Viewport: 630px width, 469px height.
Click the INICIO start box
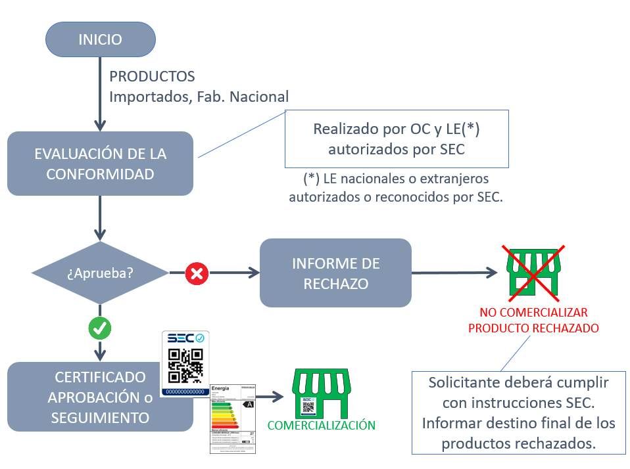click(100, 39)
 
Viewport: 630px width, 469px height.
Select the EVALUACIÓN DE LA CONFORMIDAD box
click(100, 164)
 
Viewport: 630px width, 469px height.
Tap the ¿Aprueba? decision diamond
click(100, 272)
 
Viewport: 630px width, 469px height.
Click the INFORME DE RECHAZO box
click(335, 273)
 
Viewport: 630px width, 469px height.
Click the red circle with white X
click(195, 273)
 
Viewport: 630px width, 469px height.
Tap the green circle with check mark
click(100, 329)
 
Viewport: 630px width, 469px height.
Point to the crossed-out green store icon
click(533, 271)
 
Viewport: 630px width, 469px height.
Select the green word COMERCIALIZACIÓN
click(321, 426)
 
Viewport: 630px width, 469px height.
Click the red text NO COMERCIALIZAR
click(533, 312)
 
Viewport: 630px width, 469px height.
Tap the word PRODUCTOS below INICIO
click(152, 77)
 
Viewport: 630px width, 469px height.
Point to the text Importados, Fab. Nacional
click(199, 97)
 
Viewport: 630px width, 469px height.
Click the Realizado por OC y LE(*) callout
click(397, 139)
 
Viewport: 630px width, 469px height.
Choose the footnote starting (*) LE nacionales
click(396, 187)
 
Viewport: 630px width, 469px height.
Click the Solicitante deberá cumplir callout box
click(519, 413)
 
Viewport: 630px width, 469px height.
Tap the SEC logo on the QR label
click(185, 338)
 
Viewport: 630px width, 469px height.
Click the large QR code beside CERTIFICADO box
click(185, 365)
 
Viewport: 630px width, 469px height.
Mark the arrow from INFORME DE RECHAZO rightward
click(454, 272)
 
